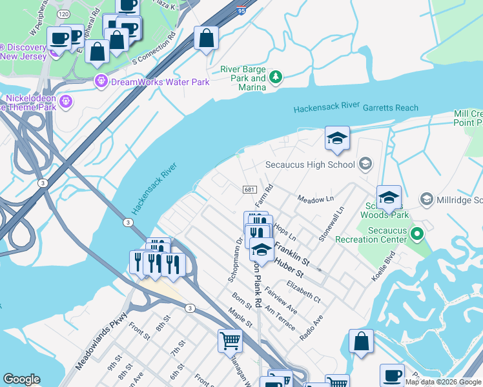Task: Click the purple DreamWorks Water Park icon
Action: click(101, 81)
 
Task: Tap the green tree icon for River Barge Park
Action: click(276, 77)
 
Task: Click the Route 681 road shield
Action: click(249, 189)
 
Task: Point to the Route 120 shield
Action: click(63, 13)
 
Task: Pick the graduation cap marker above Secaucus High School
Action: click(336, 138)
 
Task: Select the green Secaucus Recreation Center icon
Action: click(417, 235)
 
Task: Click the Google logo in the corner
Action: click(22, 379)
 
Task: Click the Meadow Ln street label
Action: click(315, 200)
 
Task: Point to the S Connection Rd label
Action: click(154, 52)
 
